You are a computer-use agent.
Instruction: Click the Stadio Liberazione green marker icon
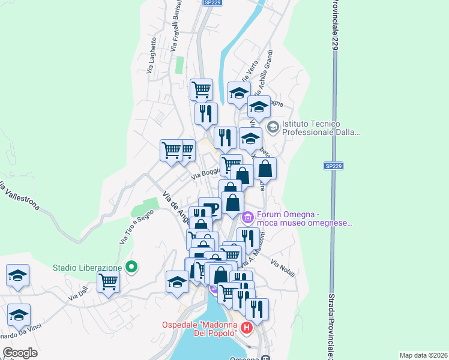(133, 268)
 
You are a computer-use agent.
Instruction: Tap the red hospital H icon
(246, 328)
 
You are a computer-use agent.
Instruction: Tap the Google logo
(20, 353)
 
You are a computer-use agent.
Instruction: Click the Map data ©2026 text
(423, 355)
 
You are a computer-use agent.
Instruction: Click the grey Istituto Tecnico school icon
(273, 127)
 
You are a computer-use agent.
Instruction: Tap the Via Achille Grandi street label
(265, 77)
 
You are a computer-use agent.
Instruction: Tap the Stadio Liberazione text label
(88, 268)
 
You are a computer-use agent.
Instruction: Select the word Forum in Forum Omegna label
(270, 215)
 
